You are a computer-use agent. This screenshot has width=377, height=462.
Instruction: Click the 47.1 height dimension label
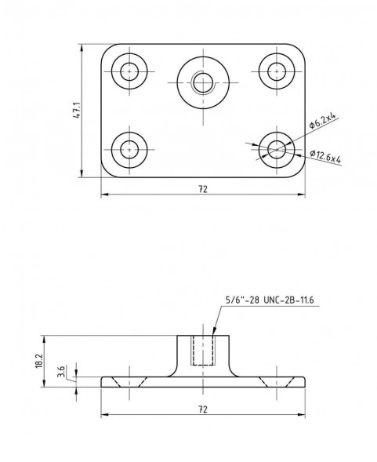tap(77, 111)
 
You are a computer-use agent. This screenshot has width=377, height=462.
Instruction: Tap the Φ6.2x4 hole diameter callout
tap(322, 121)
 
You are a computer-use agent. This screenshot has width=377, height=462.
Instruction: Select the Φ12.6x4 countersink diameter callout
tap(325, 156)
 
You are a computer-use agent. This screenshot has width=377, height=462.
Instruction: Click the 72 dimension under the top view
tap(203, 189)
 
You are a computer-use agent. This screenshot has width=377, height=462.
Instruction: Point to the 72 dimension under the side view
tap(203, 409)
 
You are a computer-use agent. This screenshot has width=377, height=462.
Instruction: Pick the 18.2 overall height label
tap(39, 361)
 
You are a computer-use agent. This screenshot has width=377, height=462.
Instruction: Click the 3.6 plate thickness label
tap(62, 372)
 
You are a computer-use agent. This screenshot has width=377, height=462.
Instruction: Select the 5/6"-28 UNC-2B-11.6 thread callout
tap(270, 300)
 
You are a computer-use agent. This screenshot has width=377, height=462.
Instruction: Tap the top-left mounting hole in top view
tap(129, 71)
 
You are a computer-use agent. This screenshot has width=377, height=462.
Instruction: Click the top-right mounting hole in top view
tap(277, 71)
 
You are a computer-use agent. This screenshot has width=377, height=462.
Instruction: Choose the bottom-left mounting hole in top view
tap(129, 150)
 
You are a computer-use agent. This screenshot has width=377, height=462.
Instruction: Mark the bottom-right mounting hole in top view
tap(277, 150)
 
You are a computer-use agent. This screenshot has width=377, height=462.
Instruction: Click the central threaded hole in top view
tap(203, 82)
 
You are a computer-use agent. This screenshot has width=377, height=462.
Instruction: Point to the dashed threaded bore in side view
tap(203, 351)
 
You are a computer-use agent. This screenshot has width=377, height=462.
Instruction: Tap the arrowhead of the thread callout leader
tap(214, 332)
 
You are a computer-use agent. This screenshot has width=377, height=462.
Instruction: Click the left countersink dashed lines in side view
tap(129, 382)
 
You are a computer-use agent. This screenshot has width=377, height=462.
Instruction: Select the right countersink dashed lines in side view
tap(277, 382)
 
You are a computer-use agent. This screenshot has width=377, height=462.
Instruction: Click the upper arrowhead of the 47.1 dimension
tap(82, 49)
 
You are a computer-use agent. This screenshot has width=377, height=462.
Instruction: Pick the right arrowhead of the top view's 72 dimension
tap(301, 195)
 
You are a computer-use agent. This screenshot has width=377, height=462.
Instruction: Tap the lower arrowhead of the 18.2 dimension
tap(45, 383)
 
